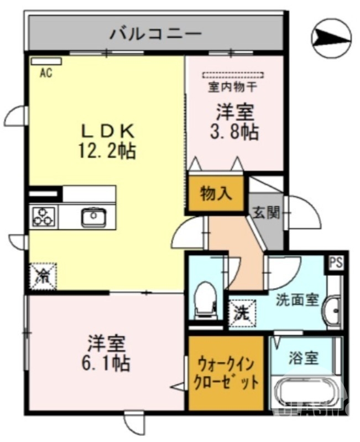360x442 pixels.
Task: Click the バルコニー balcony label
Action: point(155,33)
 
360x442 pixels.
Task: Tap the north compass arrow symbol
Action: point(331,37)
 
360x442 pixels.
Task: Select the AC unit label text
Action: point(46,72)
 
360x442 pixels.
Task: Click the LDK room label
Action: point(109,131)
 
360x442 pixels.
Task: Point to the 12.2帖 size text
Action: point(109,150)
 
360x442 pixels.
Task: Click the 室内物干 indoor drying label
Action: point(231,87)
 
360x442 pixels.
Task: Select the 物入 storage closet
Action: point(216,193)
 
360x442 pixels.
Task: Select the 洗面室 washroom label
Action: point(298,299)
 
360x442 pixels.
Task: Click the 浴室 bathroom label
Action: point(304,358)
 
